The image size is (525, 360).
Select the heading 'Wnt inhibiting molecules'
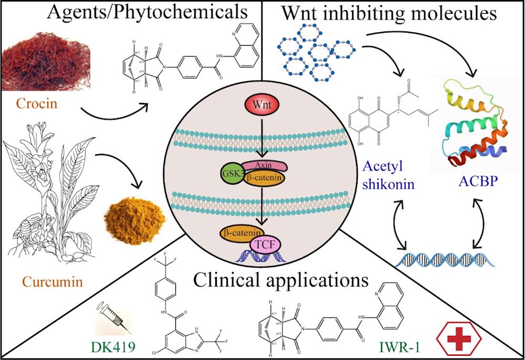click(x=389, y=13)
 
